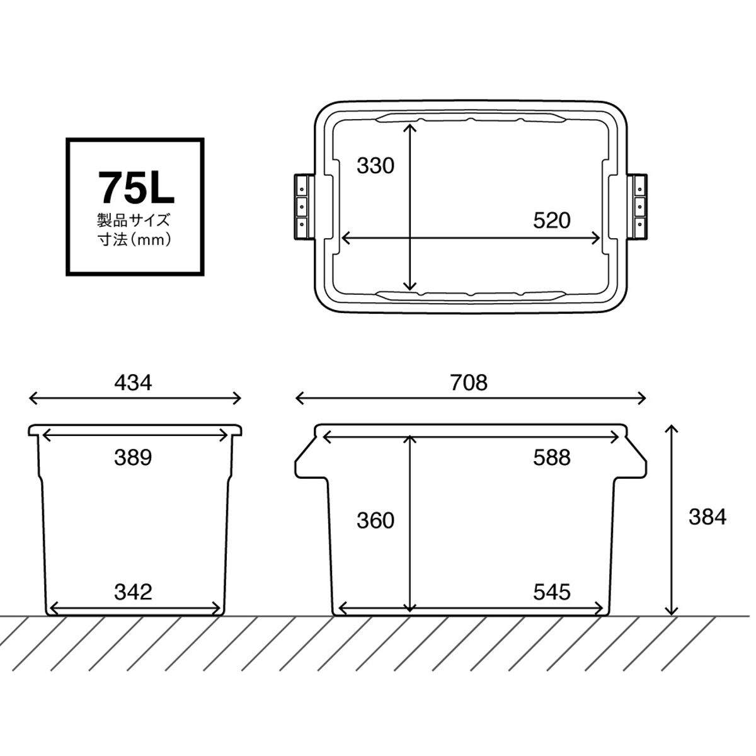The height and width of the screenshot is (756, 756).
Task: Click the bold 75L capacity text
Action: (x=135, y=188)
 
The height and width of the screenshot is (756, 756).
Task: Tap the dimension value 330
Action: (x=375, y=166)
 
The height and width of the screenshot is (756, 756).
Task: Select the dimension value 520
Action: (x=552, y=220)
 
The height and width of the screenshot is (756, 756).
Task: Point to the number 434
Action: (x=133, y=382)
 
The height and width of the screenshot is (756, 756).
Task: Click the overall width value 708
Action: (x=469, y=382)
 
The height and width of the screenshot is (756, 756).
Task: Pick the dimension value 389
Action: (x=133, y=457)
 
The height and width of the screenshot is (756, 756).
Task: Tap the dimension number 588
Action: (x=552, y=457)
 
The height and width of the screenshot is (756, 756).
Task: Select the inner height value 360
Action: (x=375, y=520)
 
